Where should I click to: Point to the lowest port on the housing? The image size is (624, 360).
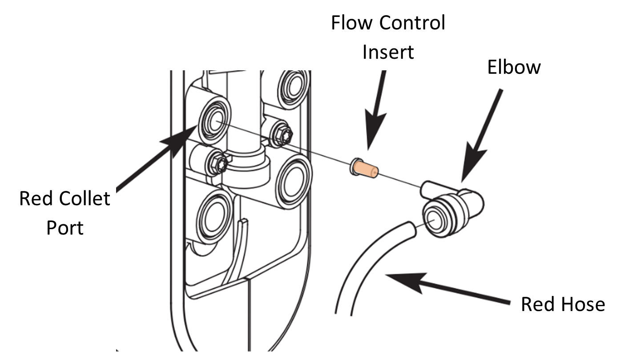point(215,218)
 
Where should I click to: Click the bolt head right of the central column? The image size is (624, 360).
point(282,134)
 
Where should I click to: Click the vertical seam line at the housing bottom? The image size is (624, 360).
point(248,316)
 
